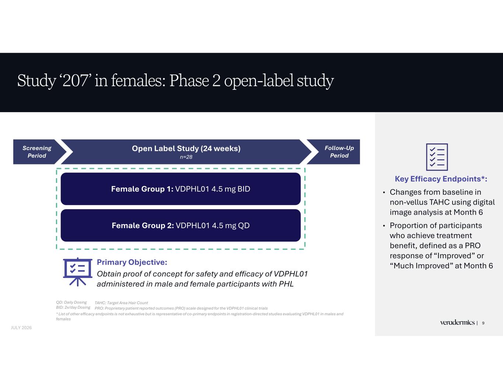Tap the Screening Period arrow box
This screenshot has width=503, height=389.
[37, 152]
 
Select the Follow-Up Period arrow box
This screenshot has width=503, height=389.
[336, 152]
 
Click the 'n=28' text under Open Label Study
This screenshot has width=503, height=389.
[186, 157]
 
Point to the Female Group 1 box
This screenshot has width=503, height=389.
[181, 189]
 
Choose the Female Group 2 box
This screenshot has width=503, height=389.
[181, 225]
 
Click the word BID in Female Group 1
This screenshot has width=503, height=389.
[244, 189]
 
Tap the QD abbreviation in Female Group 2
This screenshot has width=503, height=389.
[244, 226]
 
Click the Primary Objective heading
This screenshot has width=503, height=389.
[132, 262]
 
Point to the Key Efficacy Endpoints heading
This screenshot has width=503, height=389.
[441, 179]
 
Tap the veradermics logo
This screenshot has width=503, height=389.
[457, 323]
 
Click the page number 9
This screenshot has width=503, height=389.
[483, 323]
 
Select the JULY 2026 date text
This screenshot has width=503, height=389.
[21, 328]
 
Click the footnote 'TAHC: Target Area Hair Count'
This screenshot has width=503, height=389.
[121, 303]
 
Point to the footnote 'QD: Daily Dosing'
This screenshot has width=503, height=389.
[71, 302]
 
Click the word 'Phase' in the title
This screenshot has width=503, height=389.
[189, 81]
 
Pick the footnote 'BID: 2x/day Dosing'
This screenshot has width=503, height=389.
[73, 308]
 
